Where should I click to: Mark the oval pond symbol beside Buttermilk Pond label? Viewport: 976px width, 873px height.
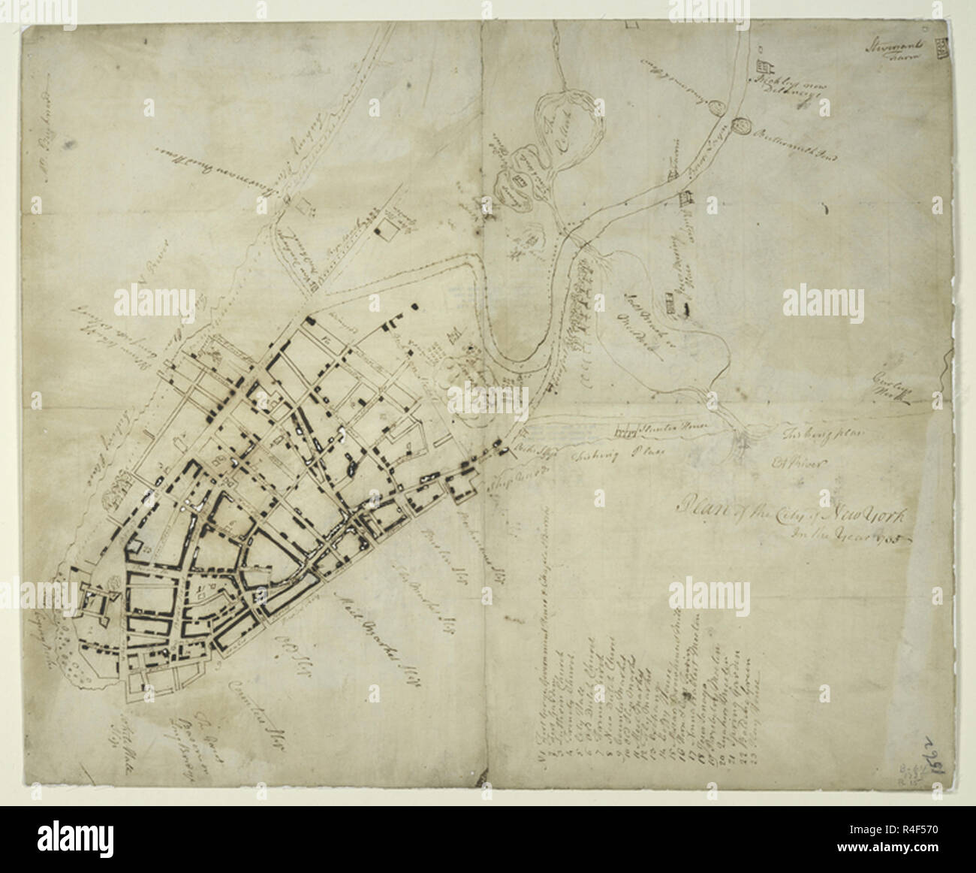(x=744, y=125)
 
